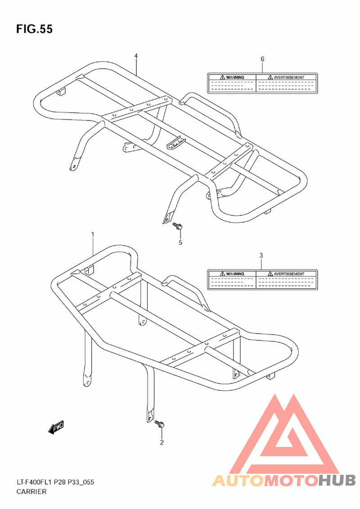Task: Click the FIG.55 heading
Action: point(34,29)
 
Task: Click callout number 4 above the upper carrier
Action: point(136,56)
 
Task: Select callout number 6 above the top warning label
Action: point(262,59)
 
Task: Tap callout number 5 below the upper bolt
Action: point(180,242)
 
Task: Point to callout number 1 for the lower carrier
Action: point(93,235)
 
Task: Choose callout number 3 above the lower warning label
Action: point(261,255)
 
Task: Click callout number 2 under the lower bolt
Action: point(162,442)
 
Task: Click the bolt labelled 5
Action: point(177,226)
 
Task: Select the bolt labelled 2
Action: point(160,424)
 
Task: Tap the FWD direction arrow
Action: point(56,428)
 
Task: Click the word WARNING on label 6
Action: point(235,78)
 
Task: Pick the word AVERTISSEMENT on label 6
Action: point(289,78)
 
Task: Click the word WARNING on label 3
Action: point(235,274)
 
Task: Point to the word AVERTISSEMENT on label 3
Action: point(289,274)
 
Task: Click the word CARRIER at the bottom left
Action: point(31,492)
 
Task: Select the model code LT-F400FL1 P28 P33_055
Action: point(55,482)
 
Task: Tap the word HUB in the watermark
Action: point(337,480)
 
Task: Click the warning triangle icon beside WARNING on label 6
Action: point(223,77)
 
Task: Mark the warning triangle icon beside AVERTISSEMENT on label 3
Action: point(270,274)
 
